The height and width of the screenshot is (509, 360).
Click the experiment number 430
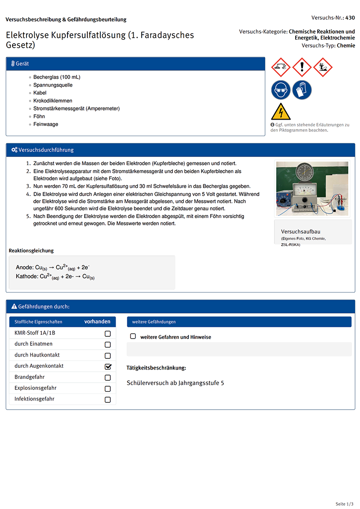[350, 18]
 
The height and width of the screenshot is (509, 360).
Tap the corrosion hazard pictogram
[281, 67]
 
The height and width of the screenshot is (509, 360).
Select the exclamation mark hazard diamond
[301, 67]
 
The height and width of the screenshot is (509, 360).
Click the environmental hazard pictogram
[323, 67]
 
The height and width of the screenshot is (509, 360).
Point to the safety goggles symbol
[281, 90]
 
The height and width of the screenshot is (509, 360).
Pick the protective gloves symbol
[301, 90]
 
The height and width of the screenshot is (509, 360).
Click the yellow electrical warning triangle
[280, 112]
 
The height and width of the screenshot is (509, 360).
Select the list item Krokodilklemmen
[53, 101]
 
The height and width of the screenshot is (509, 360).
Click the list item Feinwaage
[45, 124]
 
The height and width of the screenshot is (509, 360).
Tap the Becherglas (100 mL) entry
[57, 77]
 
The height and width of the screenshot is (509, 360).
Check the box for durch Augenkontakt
[108, 366]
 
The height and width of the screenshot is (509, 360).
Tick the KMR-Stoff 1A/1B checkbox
[108, 334]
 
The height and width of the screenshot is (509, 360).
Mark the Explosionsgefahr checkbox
[108, 388]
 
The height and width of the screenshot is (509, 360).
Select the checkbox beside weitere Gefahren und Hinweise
[133, 336]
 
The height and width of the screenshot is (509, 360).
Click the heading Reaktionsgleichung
[31, 250]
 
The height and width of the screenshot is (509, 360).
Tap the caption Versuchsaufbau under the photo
[301, 232]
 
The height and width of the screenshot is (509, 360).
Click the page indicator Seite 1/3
[345, 504]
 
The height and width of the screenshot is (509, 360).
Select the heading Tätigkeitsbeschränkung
[156, 368]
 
